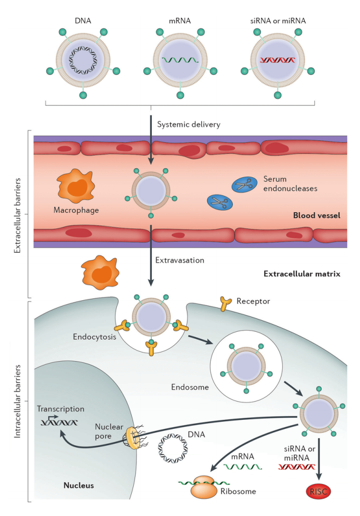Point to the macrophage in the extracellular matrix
click(x=100, y=272)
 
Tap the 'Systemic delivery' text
click(x=188, y=124)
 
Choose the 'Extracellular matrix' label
click(x=302, y=274)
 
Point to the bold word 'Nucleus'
click(x=78, y=485)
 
